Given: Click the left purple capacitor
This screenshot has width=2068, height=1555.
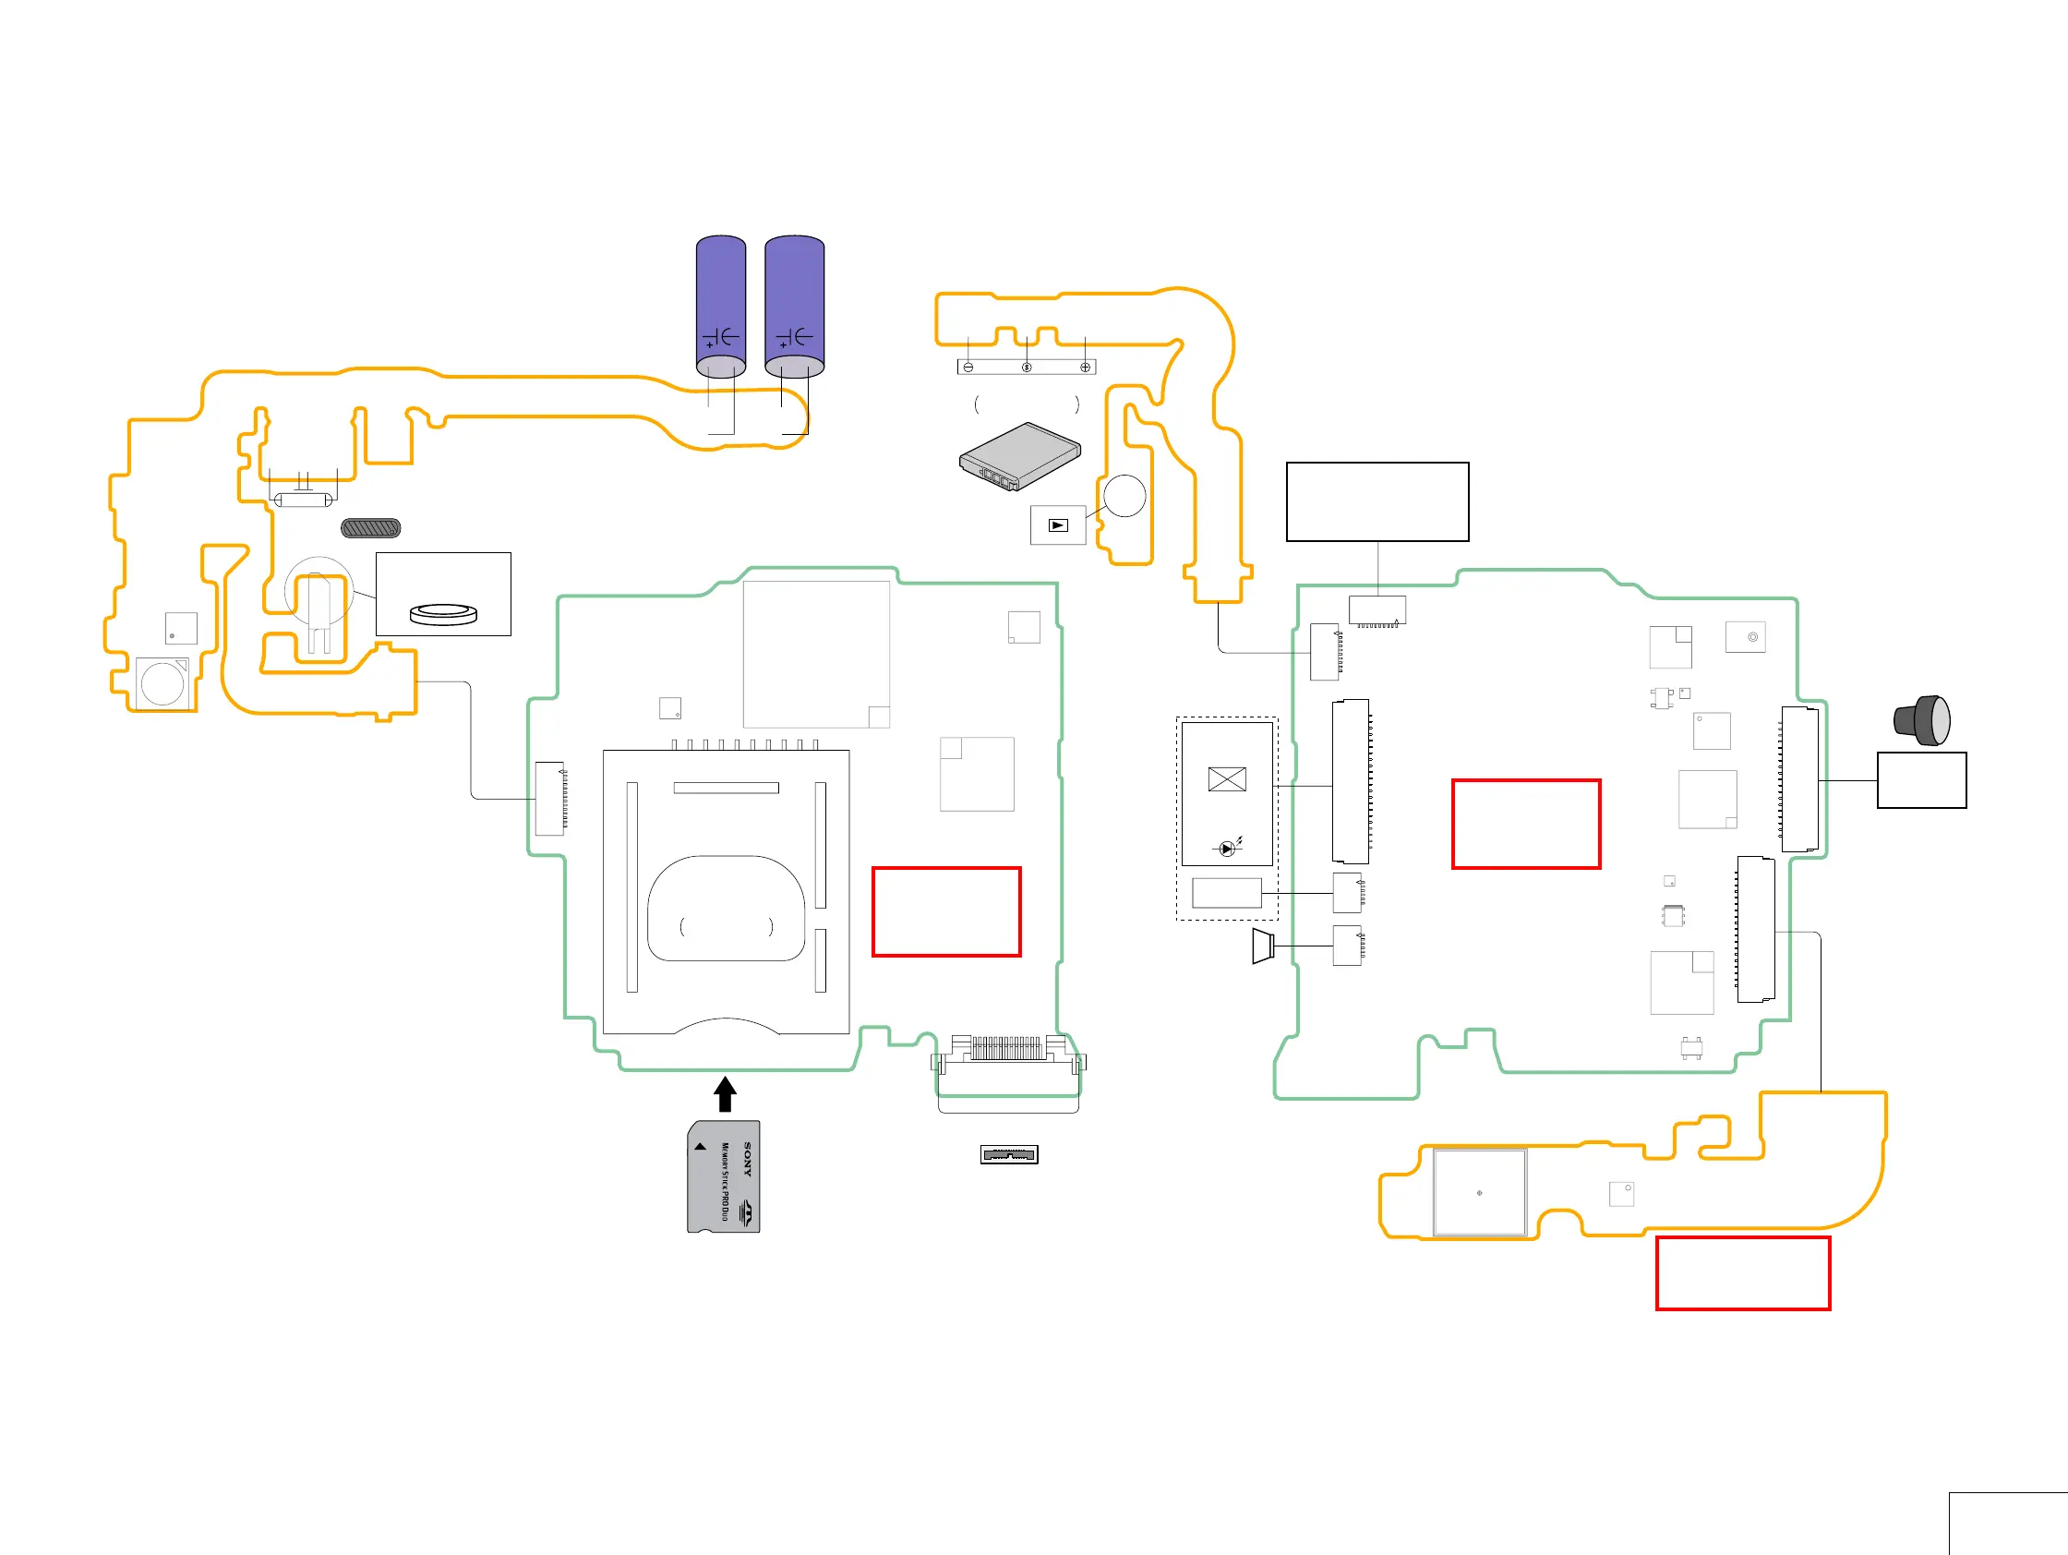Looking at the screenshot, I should pos(721,304).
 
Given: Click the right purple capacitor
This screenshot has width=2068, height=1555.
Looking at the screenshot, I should pos(795,304).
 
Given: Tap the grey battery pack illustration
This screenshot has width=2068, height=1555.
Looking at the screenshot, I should pos(1020,455).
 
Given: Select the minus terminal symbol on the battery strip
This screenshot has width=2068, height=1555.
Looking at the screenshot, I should pos(968,368).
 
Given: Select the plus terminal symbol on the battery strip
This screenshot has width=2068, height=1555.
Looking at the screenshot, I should pos(1085,368).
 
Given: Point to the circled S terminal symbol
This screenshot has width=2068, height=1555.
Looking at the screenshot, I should pos(1027,368).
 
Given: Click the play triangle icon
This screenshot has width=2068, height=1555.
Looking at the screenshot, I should pos(1057,525).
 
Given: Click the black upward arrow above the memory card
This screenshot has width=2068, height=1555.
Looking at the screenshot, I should pos(725,1093).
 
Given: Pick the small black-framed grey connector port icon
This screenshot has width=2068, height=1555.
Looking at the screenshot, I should pos(1009,1155).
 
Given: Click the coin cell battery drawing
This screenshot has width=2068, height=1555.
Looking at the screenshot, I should pos(444,613).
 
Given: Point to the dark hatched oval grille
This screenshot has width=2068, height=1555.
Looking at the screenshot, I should pos(371,528).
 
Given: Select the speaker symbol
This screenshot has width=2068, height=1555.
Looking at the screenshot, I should pos(1262,946).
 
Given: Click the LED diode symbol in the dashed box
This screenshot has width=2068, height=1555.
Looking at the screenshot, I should pos(1227,848).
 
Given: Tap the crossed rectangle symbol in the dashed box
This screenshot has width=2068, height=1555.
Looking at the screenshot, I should pos(1227,779).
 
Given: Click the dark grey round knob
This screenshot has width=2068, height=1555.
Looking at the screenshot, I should pos(1922,720).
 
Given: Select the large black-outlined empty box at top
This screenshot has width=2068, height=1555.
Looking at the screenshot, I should pos(1377,502).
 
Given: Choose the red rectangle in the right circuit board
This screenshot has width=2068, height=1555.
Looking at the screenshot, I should pos(1526,824).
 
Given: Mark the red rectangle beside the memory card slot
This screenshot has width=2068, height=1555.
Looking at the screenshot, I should pos(946,911).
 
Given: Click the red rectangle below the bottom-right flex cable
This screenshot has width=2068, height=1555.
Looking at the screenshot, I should pos(1743,1273).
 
